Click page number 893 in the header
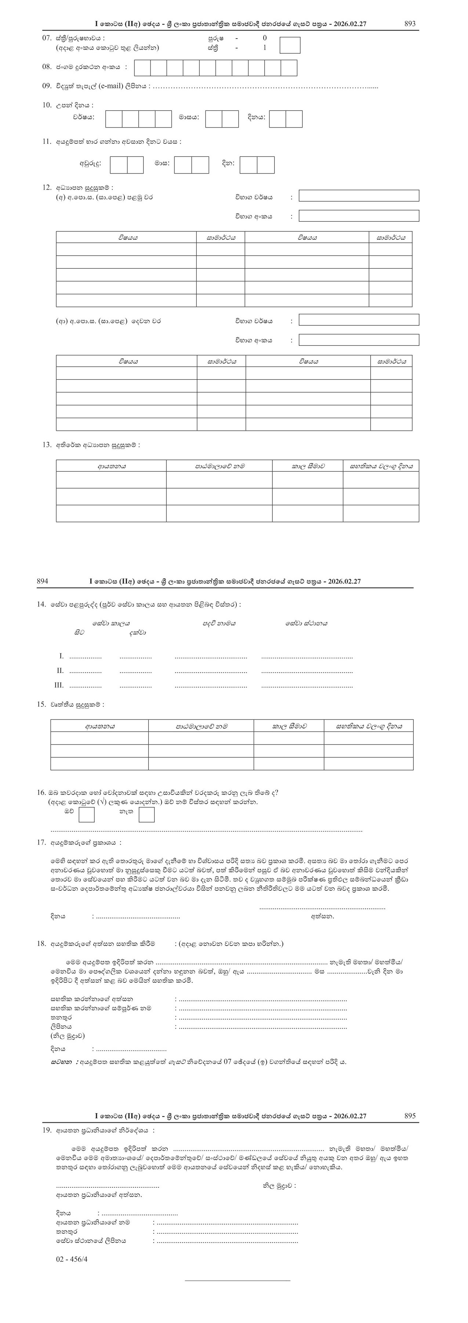(x=410, y=24)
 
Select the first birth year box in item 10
(x=113, y=119)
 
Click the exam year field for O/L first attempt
(x=359, y=196)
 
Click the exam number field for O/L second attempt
(x=359, y=340)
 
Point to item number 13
(x=47, y=445)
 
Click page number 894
(x=43, y=581)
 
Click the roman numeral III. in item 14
(x=59, y=685)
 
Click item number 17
(x=41, y=842)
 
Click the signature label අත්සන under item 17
(x=322, y=916)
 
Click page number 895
(x=410, y=1115)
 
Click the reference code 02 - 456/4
(x=72, y=1259)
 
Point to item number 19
(x=47, y=1130)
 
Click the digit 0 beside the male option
(x=265, y=38)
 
